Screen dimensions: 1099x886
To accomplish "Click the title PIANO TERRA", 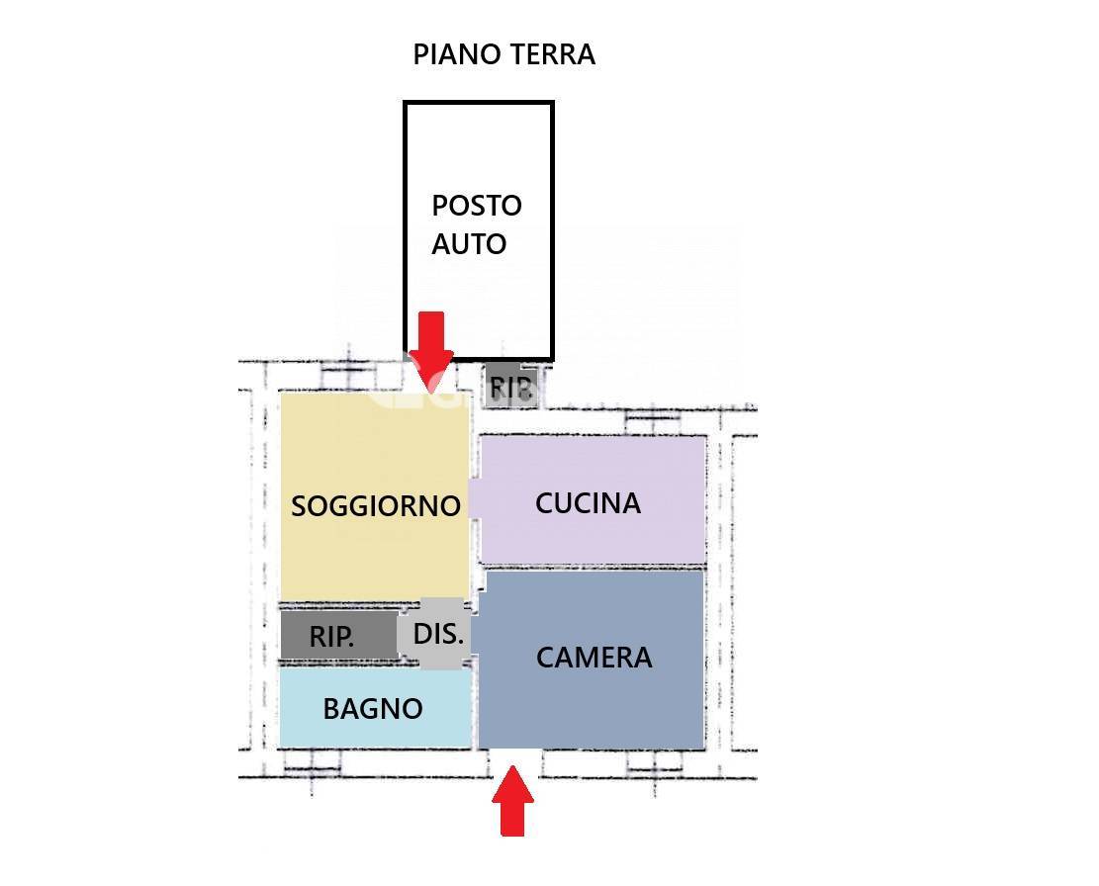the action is coord(504,54).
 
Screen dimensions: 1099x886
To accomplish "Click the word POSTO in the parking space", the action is coord(477,206).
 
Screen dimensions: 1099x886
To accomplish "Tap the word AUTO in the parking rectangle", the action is coord(469,244).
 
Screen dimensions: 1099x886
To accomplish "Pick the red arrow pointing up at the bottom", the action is coord(513,801).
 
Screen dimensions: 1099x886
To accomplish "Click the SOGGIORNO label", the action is coord(376,505).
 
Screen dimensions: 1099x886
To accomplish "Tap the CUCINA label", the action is coord(588,503).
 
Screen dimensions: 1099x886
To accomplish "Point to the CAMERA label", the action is coord(595,658).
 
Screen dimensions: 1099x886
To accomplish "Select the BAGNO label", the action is coord(373,709).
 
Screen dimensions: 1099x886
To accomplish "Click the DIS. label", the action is coord(439,635).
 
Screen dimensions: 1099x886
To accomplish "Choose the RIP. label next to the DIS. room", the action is coord(331,637).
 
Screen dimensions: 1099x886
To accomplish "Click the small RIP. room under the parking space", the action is coord(512,386).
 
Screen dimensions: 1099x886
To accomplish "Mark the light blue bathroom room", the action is coord(376,707).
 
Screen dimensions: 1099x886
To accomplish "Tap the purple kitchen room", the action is coord(593,499).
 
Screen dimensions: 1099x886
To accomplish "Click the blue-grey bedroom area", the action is coord(592,660).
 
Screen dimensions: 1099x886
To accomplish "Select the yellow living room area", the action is coord(375,496).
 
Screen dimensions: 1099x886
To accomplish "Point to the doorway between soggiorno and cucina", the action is coord(475,499).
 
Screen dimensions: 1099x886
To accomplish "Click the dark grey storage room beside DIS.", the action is coord(339,635).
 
